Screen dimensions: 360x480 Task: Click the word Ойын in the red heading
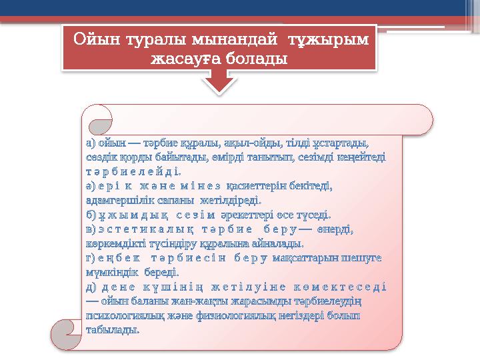pyautogui.click(x=101, y=40)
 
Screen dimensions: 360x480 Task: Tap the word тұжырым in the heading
pyautogui.click(x=329, y=40)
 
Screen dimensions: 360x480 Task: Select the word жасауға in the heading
pyautogui.click(x=183, y=59)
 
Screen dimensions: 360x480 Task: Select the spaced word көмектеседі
pyautogui.click(x=346, y=288)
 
